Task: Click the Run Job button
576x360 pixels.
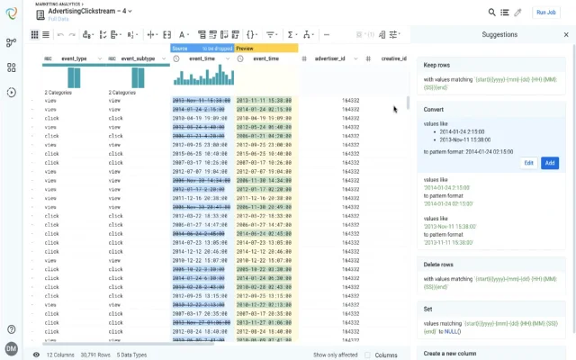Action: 545,13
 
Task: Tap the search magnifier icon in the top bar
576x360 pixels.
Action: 492,13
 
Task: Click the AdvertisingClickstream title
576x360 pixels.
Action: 80,11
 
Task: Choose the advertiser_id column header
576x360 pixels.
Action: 334,58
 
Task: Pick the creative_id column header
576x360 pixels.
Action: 393,58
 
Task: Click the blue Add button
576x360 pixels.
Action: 550,163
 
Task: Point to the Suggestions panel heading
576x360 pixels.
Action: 499,34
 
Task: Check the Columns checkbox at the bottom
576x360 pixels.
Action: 367,355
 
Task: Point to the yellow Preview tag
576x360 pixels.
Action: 245,48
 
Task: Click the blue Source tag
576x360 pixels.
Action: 180,48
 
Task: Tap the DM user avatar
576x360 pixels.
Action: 11,348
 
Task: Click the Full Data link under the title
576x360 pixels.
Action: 59,20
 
